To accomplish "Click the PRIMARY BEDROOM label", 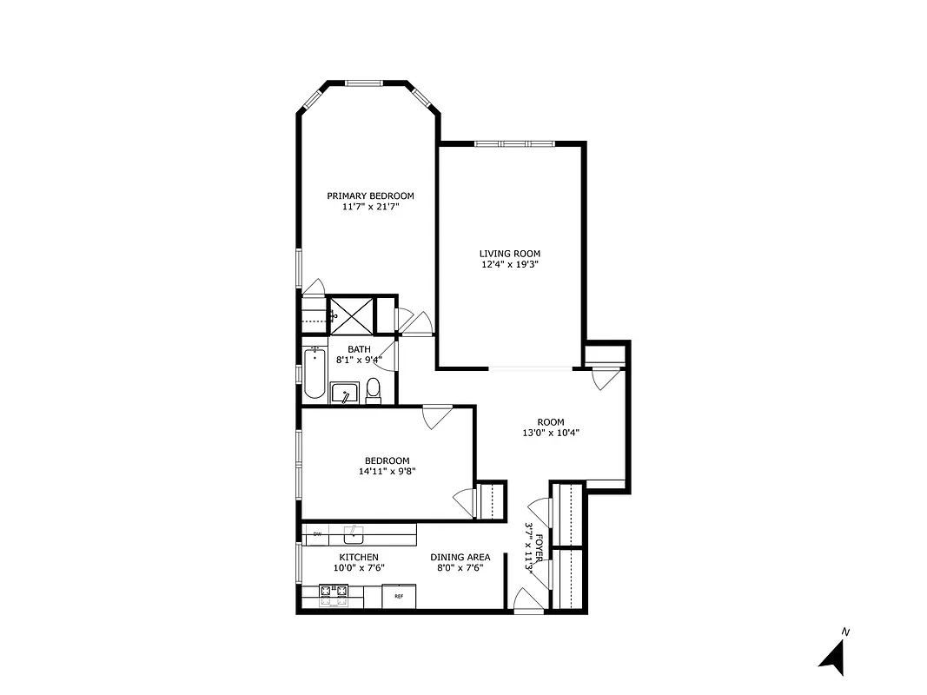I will pyautogui.click(x=370, y=195).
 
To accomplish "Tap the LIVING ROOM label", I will pyautogui.click(x=509, y=254).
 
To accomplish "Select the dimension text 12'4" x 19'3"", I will pyautogui.click(x=509, y=265).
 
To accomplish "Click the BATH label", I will pyautogui.click(x=359, y=349).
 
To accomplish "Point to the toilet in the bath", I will pyautogui.click(x=374, y=390).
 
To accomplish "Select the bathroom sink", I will pyautogui.click(x=345, y=394).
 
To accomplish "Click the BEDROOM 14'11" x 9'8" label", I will pyautogui.click(x=387, y=467).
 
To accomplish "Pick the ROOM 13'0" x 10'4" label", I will pyautogui.click(x=550, y=427).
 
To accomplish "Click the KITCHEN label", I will pyautogui.click(x=359, y=557).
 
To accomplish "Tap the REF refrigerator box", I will pyautogui.click(x=399, y=597).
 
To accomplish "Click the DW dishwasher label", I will pyautogui.click(x=317, y=533).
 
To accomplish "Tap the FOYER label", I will pyautogui.click(x=540, y=548).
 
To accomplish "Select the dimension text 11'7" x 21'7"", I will pyautogui.click(x=370, y=207).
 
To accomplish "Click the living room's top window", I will pyautogui.click(x=514, y=142).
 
